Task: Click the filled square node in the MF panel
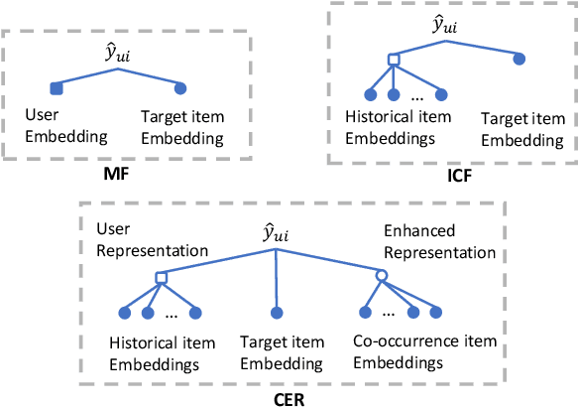[57, 89]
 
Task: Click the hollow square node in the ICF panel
[393, 61]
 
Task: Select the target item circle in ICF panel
[520, 60]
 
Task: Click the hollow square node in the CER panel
[160, 276]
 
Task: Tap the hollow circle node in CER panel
[379, 276]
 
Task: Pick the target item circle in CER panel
[273, 313]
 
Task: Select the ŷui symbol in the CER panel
[275, 236]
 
